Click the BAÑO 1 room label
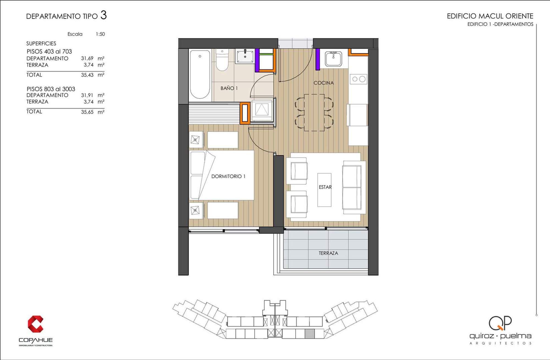(229, 88)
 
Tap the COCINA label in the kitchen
(324, 83)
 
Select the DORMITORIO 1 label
(228, 176)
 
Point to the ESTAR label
(325, 187)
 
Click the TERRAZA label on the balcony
(328, 253)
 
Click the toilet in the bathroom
(222, 60)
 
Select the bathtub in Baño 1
(200, 74)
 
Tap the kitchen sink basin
(333, 59)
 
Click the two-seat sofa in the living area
(354, 188)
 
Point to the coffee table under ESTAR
(324, 190)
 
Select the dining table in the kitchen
(314, 112)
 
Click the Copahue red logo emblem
(35, 324)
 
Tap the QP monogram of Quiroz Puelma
(500, 323)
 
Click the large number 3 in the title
(103, 15)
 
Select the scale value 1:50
(100, 34)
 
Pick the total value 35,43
(87, 75)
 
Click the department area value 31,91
(87, 95)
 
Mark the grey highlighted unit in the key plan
(310, 334)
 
